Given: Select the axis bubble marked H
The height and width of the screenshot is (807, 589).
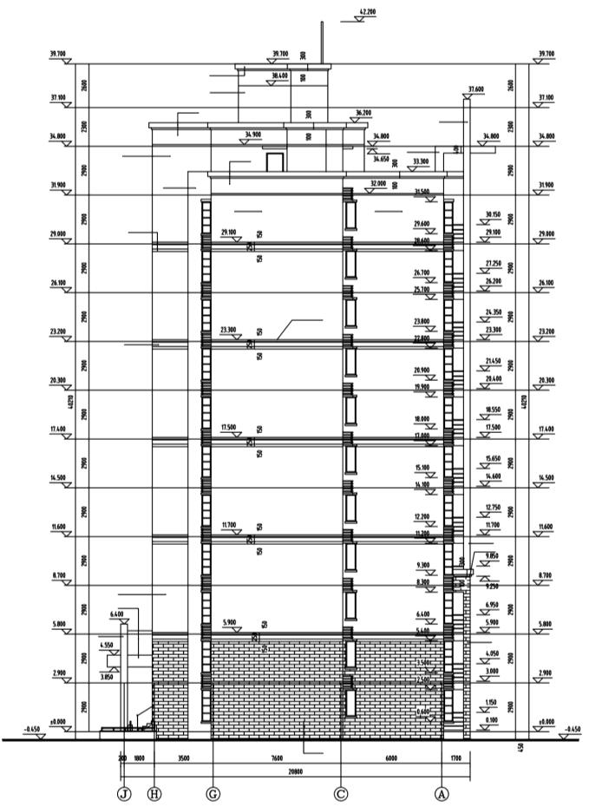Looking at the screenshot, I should (154, 793).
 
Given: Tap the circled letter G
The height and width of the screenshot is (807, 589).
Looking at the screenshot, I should (213, 793).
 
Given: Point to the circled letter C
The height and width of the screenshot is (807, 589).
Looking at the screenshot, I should (341, 793).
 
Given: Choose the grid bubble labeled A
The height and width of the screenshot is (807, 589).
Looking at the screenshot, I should (443, 793).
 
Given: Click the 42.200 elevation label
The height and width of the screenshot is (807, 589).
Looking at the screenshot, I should (366, 12).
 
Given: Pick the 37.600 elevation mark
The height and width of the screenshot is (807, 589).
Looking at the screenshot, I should (475, 89).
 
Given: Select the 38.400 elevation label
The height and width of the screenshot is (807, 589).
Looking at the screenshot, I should (279, 75).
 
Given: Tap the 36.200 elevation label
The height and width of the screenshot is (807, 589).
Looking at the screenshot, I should (363, 112).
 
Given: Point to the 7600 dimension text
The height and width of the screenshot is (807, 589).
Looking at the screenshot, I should (277, 758).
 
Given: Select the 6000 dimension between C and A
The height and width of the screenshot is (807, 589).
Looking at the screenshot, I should (391, 758).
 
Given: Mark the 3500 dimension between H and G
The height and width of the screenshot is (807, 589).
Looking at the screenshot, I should (183, 758).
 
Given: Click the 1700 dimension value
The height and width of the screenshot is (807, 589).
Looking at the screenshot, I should (456, 758).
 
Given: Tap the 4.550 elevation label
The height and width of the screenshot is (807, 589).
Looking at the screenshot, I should (107, 645).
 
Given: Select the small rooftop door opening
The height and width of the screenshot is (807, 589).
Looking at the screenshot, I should (274, 162).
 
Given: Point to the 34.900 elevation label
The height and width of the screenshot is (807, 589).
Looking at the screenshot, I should (252, 134).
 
